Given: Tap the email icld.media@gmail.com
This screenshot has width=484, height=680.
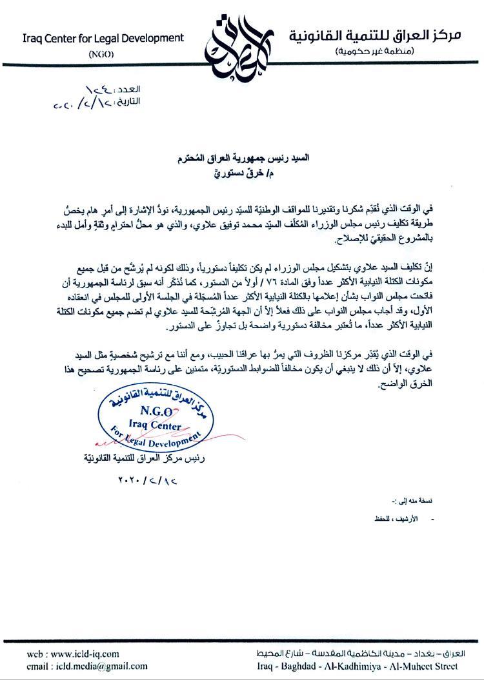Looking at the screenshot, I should [87, 666].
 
